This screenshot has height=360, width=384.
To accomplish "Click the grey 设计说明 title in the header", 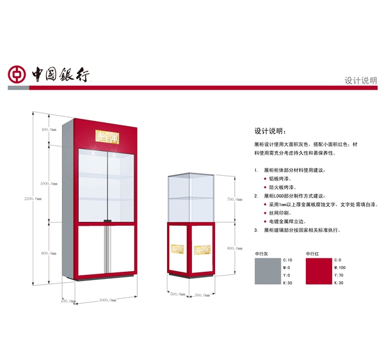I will point(361,81).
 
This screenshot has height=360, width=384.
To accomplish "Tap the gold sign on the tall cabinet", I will point(108,136).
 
